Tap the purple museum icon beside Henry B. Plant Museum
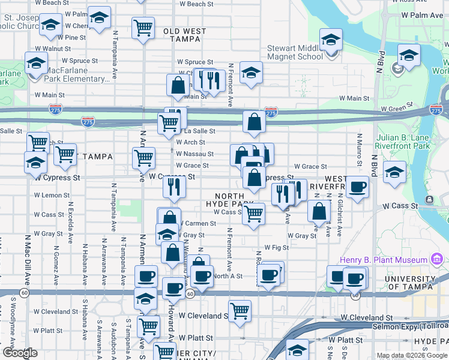click(436, 260)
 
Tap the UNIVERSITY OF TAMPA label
click(410, 283)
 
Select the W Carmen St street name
click(199, 223)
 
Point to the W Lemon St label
click(52, 195)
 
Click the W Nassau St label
click(194, 154)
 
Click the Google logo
click(20, 353)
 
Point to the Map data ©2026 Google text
click(411, 355)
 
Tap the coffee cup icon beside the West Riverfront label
click(358, 188)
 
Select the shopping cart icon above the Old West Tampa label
click(143, 28)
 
